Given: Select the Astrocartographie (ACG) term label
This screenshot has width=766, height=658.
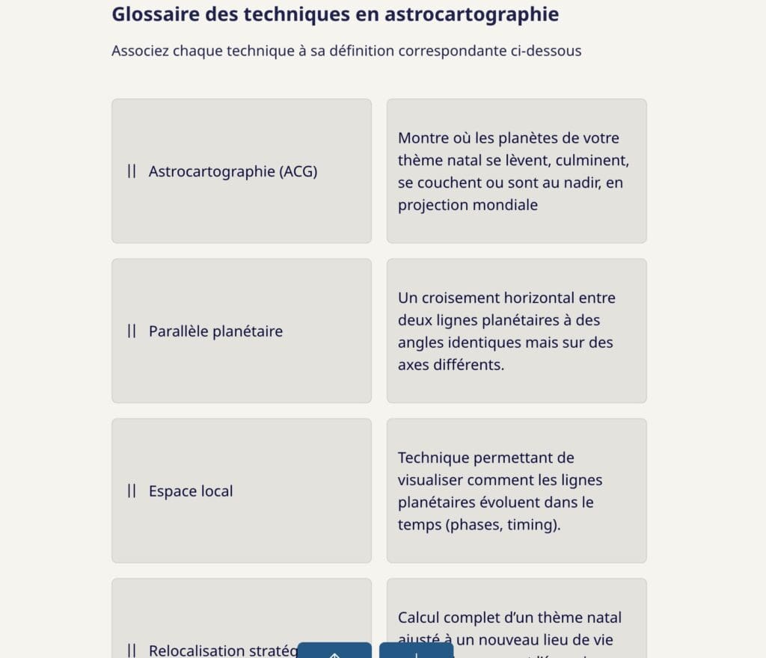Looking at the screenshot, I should [233, 171].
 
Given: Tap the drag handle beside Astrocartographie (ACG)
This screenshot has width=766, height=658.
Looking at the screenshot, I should [132, 171].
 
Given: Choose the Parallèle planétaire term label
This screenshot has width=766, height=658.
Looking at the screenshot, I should [215, 331].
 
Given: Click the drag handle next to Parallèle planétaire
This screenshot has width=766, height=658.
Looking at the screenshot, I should [132, 331].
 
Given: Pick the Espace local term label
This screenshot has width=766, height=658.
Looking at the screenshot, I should [191, 491].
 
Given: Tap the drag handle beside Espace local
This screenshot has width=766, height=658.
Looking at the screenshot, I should [132, 491].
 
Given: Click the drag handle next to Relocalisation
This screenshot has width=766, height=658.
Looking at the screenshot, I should [132, 650].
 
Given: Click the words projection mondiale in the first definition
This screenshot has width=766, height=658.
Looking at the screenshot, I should [468, 205].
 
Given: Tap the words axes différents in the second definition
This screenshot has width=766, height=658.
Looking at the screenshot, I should [450, 365].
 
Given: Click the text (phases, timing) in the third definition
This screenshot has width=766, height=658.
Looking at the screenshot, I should [501, 525].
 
